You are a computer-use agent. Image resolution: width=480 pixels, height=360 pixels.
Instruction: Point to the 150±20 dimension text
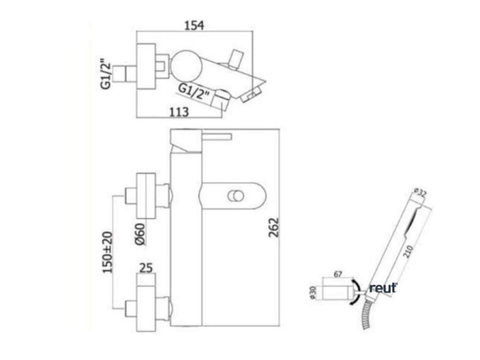[x=108, y=253]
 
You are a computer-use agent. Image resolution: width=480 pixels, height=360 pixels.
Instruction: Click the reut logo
[x=383, y=288]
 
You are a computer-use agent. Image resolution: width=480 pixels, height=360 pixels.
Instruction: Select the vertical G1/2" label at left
[x=105, y=75]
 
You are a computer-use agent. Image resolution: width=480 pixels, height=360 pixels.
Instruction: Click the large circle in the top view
[x=184, y=64]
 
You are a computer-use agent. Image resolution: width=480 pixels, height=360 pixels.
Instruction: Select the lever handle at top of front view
[x=216, y=135]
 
